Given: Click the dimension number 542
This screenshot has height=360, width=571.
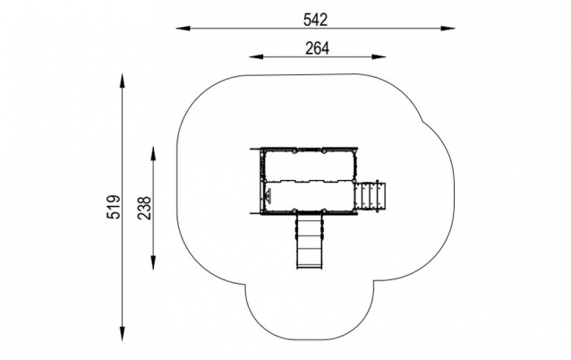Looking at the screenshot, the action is (316, 20).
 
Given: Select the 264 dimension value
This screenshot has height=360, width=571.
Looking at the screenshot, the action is (317, 48).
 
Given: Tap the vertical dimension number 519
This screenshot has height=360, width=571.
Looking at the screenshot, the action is (114, 207).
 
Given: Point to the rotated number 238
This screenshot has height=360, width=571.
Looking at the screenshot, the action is (144, 208).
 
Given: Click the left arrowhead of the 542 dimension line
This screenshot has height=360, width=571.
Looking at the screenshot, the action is (183, 28).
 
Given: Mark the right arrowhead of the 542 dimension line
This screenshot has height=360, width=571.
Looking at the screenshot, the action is (447, 28).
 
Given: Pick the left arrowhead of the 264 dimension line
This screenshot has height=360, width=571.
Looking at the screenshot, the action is (256, 56).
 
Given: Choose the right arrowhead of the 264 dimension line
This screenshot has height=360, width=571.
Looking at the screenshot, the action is (379, 56).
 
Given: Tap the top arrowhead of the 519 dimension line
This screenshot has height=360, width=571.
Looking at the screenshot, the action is (123, 81).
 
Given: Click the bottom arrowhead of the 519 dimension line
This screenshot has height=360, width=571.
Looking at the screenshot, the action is (123, 334).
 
